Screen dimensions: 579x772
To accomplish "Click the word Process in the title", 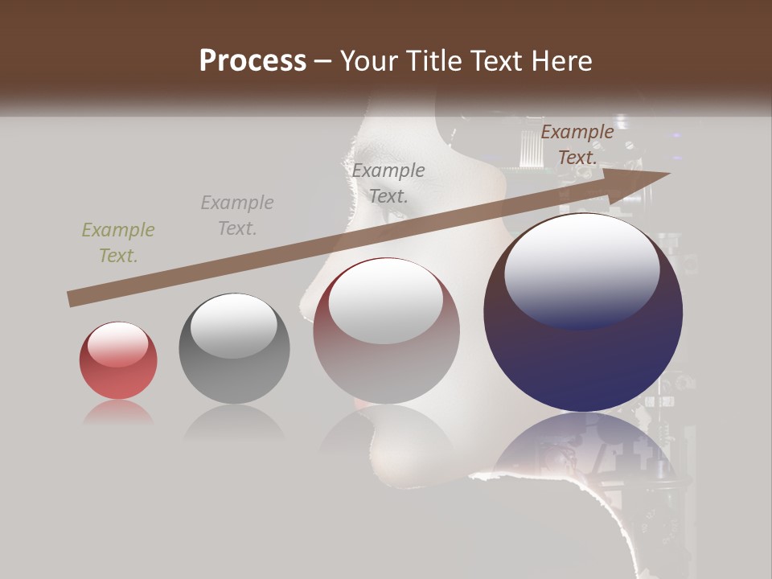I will pyautogui.click(x=253, y=61).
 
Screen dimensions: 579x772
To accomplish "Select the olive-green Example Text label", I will pyautogui.click(x=118, y=243).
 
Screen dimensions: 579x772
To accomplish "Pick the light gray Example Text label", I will pyautogui.click(x=237, y=216).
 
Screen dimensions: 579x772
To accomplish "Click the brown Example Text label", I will pyautogui.click(x=577, y=145).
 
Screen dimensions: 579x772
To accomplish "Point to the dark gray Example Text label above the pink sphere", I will pyautogui.click(x=388, y=183).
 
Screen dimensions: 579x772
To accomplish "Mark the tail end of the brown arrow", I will pyautogui.click(x=71, y=299).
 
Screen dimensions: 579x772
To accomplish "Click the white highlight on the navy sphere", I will pyautogui.click(x=582, y=269).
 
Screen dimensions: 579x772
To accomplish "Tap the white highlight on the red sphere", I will pyautogui.click(x=118, y=344).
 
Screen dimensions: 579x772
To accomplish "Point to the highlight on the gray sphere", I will pyautogui.click(x=233, y=326).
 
